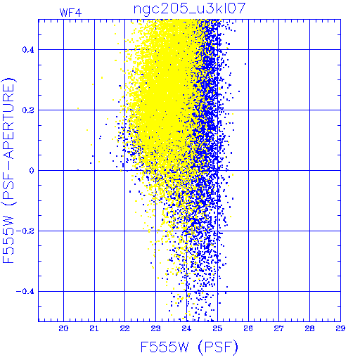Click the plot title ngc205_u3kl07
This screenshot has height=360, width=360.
(189, 8)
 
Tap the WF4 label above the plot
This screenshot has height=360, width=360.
(70, 13)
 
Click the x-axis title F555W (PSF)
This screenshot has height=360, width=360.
(189, 347)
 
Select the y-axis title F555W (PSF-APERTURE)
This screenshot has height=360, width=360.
(8, 170)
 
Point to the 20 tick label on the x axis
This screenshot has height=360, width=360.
(63, 328)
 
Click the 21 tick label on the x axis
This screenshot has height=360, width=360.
(94, 328)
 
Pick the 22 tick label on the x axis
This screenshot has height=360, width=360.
(125, 328)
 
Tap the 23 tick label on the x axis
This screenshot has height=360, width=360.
(156, 328)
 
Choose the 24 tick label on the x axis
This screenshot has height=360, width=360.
(186, 328)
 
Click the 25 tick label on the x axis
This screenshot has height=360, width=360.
(217, 328)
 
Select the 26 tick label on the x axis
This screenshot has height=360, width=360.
(248, 328)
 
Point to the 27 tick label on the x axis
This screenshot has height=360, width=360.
(279, 328)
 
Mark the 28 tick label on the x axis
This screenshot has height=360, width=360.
(309, 328)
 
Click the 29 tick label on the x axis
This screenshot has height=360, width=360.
(340, 328)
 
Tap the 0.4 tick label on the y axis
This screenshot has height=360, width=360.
(28, 50)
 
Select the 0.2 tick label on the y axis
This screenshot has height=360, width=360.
(28, 110)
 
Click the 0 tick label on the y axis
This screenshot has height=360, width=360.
(32, 171)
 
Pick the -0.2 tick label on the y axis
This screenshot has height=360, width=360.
(25, 231)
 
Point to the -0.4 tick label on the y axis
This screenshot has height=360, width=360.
(25, 292)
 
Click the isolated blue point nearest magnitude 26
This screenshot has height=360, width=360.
(245, 64)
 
